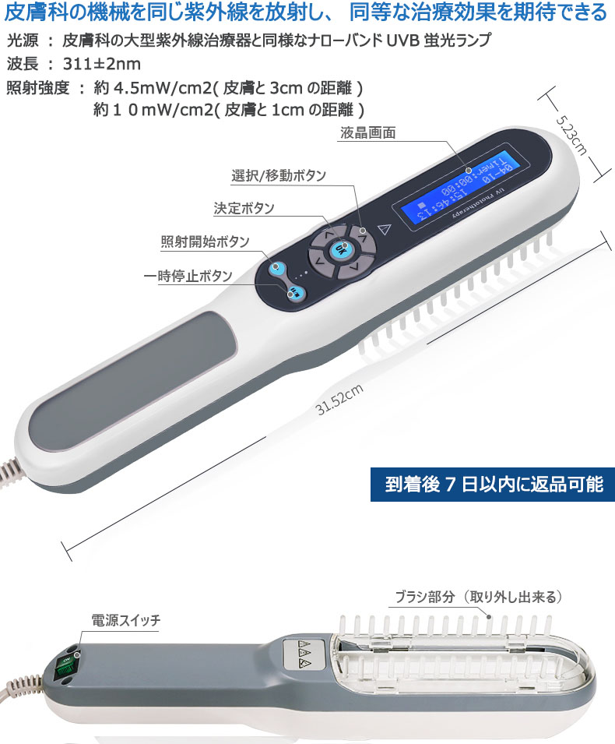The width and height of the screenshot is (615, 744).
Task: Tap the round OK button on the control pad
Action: coord(340,249)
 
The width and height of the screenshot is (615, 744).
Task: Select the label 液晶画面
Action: coord(367,133)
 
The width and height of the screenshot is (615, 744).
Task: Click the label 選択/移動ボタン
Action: coord(279,176)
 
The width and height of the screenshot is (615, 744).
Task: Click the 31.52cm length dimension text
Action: coord(339,400)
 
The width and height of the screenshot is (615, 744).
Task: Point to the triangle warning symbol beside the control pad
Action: coord(381,228)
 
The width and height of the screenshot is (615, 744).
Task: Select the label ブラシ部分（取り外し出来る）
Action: coord(477,598)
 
